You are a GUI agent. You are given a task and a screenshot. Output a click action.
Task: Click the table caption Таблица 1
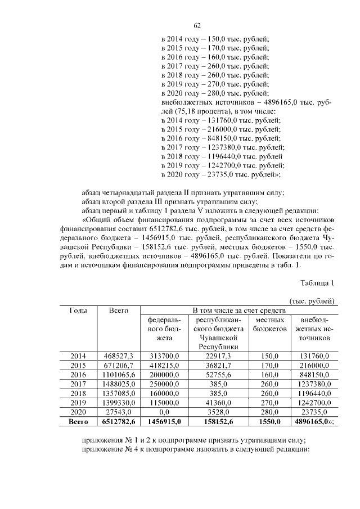(x=317, y=283)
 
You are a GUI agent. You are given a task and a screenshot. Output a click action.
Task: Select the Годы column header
(x=79, y=310)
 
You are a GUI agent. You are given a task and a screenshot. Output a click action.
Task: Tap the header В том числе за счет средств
(x=240, y=310)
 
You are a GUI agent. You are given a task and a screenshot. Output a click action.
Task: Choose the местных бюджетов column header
(x=269, y=324)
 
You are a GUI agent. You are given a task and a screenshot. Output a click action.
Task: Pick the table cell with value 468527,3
(x=118, y=355)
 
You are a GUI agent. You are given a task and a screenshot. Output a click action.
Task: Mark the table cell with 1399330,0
(x=118, y=402)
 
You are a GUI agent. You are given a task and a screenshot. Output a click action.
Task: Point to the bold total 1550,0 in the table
(x=269, y=421)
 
